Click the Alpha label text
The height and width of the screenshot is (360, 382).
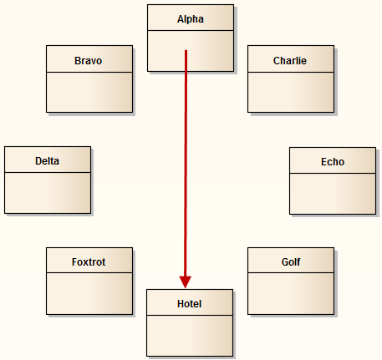pos(190,18)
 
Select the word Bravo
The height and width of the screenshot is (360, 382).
pos(89,61)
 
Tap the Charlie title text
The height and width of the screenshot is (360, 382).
pos(290,61)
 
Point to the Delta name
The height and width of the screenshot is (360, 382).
pos(47,161)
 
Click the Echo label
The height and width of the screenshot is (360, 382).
pos(332,162)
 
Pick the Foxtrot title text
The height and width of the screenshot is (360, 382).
pos(89,262)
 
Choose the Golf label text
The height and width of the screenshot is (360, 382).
pos(290,262)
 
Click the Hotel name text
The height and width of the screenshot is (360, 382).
pos(190,303)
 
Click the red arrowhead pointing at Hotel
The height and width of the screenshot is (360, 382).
pos(186,281)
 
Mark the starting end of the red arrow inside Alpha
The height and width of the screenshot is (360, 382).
pos(186,51)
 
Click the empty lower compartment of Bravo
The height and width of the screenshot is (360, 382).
pos(89,92)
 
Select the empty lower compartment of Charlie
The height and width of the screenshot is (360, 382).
pos(290,92)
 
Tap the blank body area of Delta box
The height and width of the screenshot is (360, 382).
pos(47,192)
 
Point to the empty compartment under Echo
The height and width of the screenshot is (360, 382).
pos(332,193)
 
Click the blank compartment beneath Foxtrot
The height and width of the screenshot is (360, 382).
pos(89,293)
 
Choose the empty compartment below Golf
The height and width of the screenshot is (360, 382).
pos(290,293)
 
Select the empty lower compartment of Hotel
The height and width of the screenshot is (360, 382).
pos(190,335)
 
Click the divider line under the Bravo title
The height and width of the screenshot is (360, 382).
pos(89,73)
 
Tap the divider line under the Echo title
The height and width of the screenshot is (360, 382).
pos(332,174)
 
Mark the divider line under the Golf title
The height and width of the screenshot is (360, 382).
pos(290,274)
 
